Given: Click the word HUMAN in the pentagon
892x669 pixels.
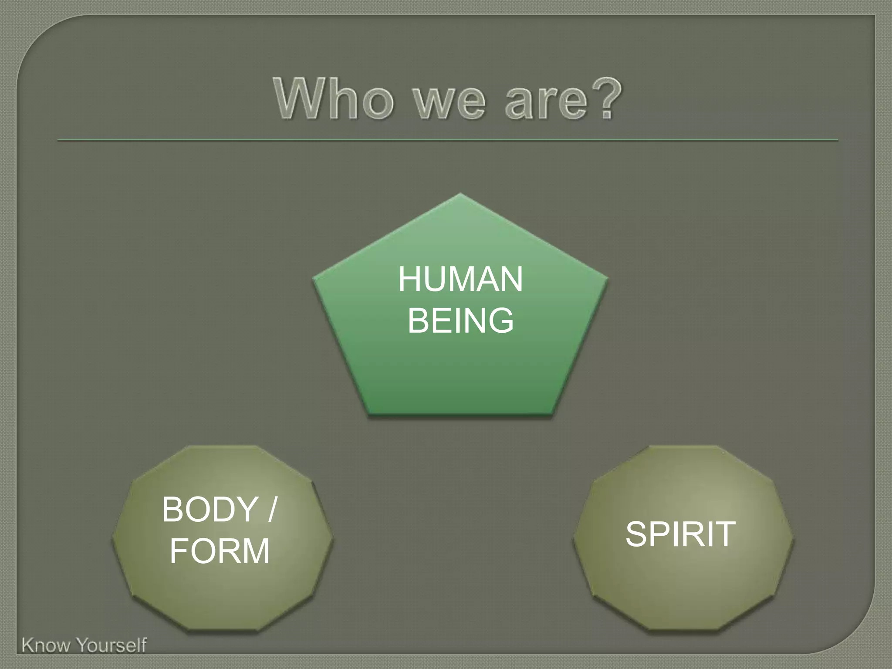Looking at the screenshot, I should pyautogui.click(x=460, y=280).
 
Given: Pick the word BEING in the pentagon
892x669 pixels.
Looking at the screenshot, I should pyautogui.click(x=460, y=321).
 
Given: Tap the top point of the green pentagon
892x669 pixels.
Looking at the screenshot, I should pyautogui.click(x=460, y=194).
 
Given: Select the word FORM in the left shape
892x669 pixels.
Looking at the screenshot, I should pyautogui.click(x=220, y=551).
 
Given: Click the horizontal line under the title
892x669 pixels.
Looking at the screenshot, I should pyautogui.click(x=447, y=140).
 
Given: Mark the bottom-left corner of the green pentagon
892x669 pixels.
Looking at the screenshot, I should pyautogui.click(x=368, y=412).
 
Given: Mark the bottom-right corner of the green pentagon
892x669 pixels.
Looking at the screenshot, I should pyautogui.click(x=552, y=412).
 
